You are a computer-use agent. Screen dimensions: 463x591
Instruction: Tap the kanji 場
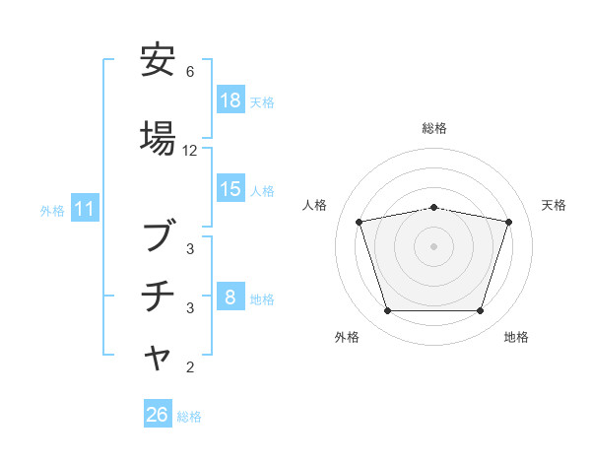pos(159,139)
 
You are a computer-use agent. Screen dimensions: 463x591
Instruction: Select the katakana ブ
pos(159,237)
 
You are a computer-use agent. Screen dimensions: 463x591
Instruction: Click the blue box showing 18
pos(230,101)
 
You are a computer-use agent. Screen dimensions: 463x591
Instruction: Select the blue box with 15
pos(230,190)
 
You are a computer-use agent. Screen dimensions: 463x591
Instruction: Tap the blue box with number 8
pos(230,298)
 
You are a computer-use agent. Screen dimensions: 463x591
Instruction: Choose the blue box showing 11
pos(85,210)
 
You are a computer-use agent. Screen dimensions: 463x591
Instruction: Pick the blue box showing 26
pos(158,416)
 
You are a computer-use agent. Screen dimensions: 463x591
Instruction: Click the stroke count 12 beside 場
pos(190,151)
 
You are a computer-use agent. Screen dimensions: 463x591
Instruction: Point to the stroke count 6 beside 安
pos(190,72)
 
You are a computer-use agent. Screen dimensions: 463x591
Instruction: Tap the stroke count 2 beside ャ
pos(190,368)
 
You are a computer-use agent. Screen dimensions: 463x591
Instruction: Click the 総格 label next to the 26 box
pos(190,417)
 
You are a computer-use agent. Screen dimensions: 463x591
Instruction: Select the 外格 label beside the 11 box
pos(52,211)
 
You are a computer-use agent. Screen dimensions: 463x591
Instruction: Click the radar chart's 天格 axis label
pos(554,205)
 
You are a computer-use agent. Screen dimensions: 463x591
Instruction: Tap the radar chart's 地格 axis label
pos(516,337)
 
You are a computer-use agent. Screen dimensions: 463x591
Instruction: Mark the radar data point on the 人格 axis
pos(359,222)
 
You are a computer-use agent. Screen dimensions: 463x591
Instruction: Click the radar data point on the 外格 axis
pos(387,311)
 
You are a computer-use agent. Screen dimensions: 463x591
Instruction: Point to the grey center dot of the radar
pos(434,245)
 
